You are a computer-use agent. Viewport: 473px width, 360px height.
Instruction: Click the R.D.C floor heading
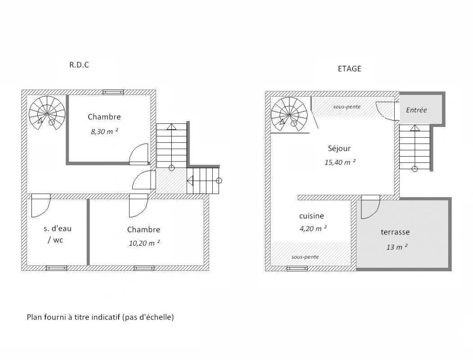79,65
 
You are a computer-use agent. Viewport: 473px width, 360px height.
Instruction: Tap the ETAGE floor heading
349,69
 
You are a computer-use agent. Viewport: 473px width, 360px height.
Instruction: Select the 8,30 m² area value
104,131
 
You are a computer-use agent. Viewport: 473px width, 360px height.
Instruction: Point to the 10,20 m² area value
144,243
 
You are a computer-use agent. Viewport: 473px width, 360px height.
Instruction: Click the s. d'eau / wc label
58,234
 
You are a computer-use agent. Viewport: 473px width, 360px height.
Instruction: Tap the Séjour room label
339,148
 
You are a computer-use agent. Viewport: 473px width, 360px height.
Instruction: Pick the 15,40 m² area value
340,162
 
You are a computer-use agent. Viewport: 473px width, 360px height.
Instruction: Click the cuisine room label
312,216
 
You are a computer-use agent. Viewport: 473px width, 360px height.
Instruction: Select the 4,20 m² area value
313,229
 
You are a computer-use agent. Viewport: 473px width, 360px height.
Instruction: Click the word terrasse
395,232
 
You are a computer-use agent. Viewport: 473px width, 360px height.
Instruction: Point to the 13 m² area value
397,247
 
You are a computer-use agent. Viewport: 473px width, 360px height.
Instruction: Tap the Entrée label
416,110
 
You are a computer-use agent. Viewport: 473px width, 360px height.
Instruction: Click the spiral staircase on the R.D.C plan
47,113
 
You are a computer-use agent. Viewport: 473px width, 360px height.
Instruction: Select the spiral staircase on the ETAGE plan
289,115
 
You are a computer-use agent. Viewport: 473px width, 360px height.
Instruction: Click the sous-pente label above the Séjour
347,107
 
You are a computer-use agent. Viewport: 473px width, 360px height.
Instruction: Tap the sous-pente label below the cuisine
305,257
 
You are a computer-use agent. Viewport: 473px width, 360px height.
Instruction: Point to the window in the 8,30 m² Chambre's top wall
113,92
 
